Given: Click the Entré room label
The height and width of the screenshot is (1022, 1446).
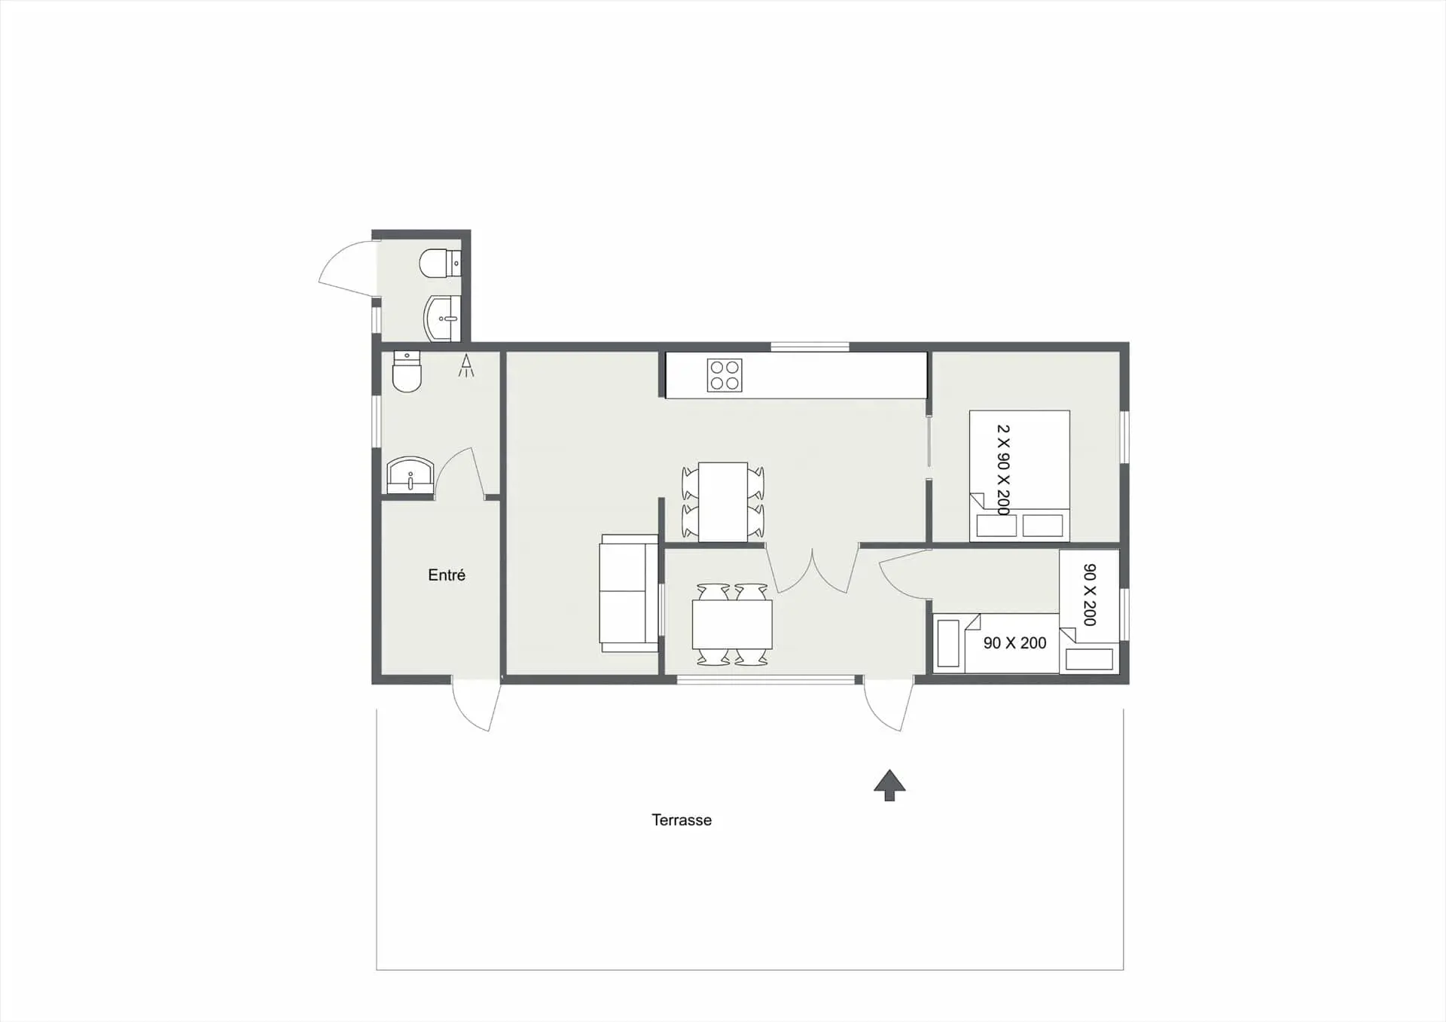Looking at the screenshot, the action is (447, 575).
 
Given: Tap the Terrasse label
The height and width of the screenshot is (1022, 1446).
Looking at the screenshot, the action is (682, 820).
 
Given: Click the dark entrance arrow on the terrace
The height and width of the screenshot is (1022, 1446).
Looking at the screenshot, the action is (889, 786).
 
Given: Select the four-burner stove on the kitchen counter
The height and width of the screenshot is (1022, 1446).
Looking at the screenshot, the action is (725, 375).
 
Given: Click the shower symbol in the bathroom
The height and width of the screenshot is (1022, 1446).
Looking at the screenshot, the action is (466, 365).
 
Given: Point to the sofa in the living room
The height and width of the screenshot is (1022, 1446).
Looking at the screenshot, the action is (629, 593).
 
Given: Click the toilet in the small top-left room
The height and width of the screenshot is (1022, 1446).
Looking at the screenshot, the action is (441, 264).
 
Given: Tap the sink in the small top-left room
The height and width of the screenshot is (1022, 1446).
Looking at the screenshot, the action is (443, 319).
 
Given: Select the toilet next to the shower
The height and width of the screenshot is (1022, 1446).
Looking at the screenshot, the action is (407, 371).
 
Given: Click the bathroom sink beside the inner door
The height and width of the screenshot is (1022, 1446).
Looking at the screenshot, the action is (410, 475).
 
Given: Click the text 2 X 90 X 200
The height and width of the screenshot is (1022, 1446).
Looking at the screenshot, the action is (1003, 470).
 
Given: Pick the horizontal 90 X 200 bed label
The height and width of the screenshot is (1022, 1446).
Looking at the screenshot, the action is (1014, 643).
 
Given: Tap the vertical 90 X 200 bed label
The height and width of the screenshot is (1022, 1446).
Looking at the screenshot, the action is (1089, 595).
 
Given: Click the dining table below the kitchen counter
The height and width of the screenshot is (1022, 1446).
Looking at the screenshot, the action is (723, 502).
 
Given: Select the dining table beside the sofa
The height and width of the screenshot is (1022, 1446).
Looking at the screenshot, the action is (732, 624).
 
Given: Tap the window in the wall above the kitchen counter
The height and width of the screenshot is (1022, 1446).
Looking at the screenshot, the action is (810, 347).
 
